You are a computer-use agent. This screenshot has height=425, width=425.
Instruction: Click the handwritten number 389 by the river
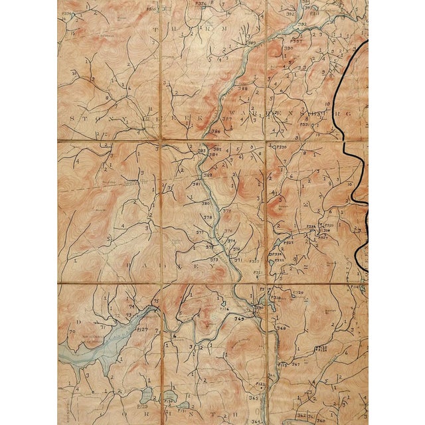(x=252, y=42)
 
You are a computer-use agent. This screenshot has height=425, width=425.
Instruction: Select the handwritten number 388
(x=242, y=88)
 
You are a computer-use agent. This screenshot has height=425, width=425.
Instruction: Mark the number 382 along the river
(x=207, y=175)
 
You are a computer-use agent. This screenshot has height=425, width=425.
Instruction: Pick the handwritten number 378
(x=208, y=217)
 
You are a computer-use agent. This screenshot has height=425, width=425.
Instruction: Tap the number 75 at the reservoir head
(x=155, y=301)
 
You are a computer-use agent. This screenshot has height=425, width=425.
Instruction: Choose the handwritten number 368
(x=281, y=328)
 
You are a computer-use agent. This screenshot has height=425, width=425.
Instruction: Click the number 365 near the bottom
(x=253, y=397)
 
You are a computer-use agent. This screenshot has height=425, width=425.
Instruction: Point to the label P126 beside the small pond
(x=224, y=308)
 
